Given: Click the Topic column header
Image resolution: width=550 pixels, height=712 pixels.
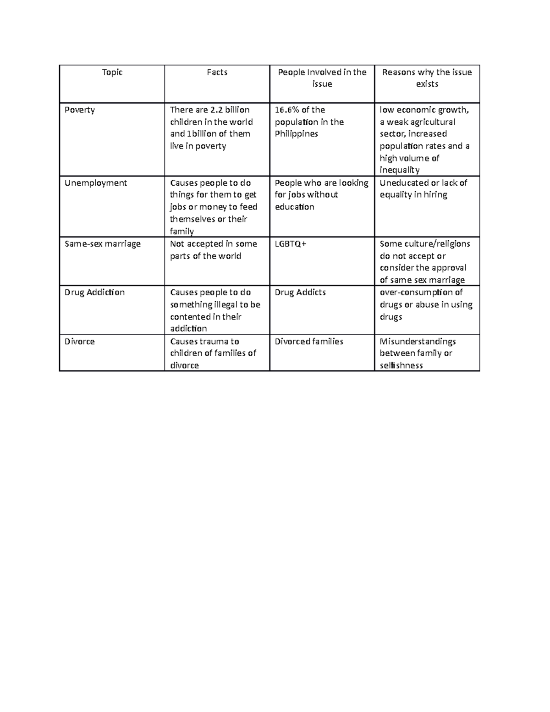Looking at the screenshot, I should [x=112, y=72].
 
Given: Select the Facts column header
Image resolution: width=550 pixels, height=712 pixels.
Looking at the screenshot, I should [x=217, y=72].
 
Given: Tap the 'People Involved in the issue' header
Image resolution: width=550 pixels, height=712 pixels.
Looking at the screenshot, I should [x=322, y=78].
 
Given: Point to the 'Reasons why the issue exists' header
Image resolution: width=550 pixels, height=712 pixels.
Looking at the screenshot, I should [x=427, y=78].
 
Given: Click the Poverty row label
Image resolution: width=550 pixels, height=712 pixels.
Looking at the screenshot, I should [x=80, y=110].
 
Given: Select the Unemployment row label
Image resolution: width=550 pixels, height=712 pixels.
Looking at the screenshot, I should [x=96, y=183].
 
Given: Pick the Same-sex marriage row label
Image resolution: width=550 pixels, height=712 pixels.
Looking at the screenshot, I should [x=103, y=244].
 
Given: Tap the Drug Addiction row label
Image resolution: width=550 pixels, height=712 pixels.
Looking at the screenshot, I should [x=94, y=293].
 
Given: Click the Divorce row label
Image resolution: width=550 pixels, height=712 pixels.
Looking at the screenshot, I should [x=80, y=342].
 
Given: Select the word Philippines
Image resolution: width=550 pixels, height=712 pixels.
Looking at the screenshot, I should [x=297, y=134].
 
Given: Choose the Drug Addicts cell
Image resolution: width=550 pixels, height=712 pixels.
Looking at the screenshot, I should [x=300, y=293].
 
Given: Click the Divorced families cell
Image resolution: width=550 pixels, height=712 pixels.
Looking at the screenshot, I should [x=309, y=342].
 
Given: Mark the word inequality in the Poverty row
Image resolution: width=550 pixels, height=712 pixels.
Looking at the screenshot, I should [x=400, y=170].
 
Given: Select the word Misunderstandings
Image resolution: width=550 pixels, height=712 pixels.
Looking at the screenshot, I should [x=418, y=342].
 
